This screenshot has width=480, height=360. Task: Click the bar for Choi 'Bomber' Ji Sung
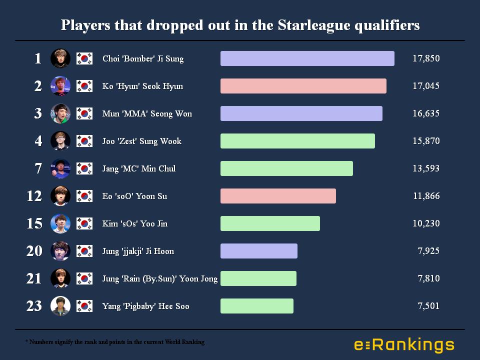tap(307, 58)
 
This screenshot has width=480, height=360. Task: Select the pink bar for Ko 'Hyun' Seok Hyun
tap(303, 86)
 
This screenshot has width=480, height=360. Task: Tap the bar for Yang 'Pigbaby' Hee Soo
tap(256, 306)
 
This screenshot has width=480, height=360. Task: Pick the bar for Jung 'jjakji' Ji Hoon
tap(258, 251)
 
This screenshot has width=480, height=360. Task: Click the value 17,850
tap(426, 58)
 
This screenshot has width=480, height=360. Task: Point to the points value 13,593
tap(426, 168)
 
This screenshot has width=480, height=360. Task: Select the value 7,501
tap(428, 306)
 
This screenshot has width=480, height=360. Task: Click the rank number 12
tap(34, 196)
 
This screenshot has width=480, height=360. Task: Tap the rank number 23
tap(34, 306)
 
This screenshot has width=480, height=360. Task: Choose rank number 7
tap(38, 168)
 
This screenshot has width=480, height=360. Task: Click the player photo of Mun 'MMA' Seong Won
tap(60, 113)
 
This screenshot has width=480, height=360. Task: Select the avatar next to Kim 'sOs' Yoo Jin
tap(60, 223)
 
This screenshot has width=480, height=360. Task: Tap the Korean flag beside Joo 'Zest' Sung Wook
tap(84, 141)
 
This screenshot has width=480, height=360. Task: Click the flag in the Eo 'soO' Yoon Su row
tap(84, 196)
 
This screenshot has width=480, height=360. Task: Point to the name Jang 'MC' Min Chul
tap(139, 168)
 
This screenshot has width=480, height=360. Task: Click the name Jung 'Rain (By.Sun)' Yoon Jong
tap(160, 278)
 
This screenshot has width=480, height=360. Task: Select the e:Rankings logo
tap(404, 345)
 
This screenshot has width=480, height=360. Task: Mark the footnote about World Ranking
tap(115, 342)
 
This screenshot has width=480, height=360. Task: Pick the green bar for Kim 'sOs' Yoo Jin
tap(270, 223)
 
